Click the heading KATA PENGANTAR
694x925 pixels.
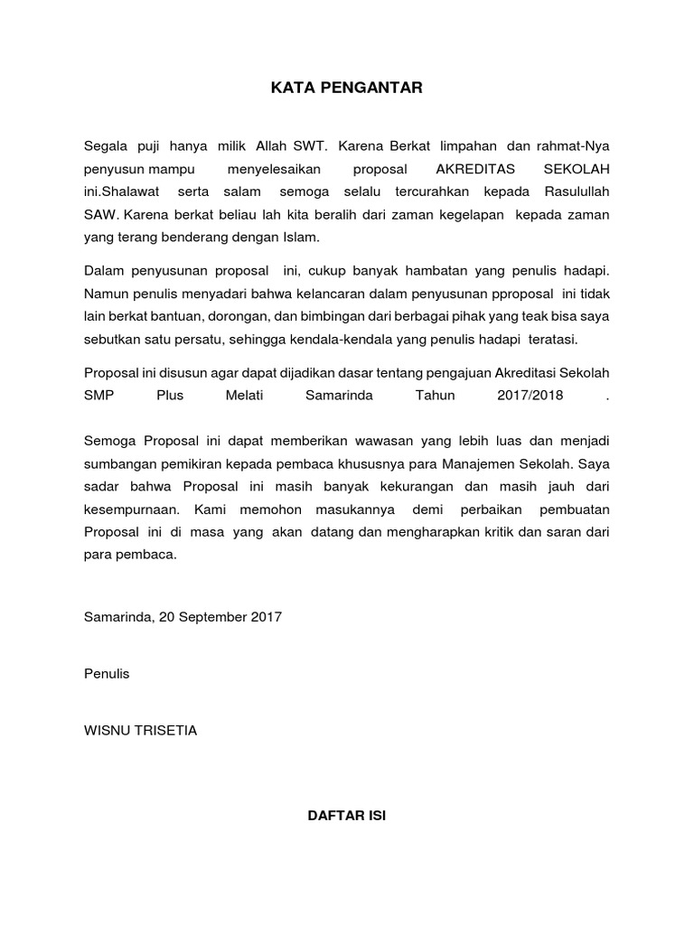(x=347, y=89)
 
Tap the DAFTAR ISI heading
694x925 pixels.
(x=347, y=815)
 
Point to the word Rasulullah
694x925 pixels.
(x=577, y=192)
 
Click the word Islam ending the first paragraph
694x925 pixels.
(x=300, y=238)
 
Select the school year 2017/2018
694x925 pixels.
(x=530, y=396)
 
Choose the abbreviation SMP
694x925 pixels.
(x=98, y=396)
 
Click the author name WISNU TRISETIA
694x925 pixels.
(x=140, y=731)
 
